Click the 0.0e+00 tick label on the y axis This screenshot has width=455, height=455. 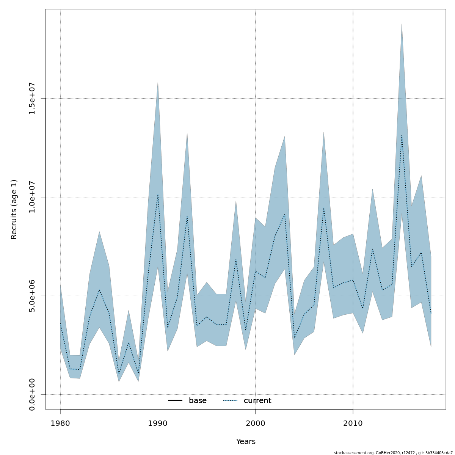click(32, 394)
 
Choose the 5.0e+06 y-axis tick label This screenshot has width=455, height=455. click(32, 296)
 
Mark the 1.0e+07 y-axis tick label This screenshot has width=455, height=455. click(32, 197)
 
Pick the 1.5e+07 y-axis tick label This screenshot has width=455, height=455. click(32, 98)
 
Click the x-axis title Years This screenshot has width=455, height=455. click(246, 442)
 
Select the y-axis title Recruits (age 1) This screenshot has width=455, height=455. click(14, 209)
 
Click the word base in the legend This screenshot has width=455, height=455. click(198, 401)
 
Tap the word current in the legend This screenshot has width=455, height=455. click(257, 401)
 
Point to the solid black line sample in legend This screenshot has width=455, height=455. click(175, 401)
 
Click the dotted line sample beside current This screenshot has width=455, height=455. click(230, 401)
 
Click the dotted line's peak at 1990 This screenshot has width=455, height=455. click(158, 195)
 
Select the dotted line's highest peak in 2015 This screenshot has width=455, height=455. click(402, 135)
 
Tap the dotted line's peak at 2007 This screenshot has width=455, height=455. click(323, 208)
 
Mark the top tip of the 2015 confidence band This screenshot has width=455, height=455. click(402, 24)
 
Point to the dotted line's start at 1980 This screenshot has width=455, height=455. click(60, 323)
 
